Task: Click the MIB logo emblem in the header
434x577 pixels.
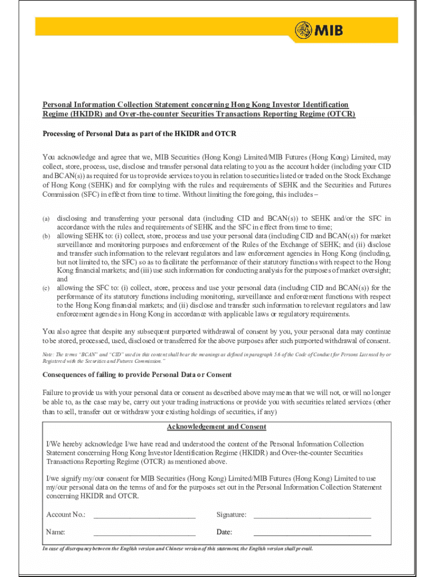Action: point(303,30)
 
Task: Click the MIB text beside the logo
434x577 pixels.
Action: point(329,30)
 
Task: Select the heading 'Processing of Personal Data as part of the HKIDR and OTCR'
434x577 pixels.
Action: point(140,134)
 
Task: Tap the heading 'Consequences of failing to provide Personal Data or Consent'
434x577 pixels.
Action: point(137,375)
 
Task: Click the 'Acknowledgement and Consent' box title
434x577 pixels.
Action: point(216,427)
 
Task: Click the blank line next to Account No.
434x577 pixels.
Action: point(144,514)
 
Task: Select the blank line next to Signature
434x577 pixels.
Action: point(312,514)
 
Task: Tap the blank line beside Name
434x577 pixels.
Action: point(144,532)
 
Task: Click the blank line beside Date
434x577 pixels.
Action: point(312,532)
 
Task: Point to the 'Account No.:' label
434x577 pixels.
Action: point(66,514)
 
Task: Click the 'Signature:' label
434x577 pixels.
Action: point(231,514)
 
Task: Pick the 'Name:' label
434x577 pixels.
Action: point(56,532)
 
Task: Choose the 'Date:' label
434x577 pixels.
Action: point(224,532)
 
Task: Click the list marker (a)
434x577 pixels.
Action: point(46,219)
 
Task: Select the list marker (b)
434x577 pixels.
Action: point(46,236)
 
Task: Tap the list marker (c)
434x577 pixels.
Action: point(46,288)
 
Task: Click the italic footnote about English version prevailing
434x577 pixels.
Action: point(178,548)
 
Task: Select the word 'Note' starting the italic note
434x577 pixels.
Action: point(48,354)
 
